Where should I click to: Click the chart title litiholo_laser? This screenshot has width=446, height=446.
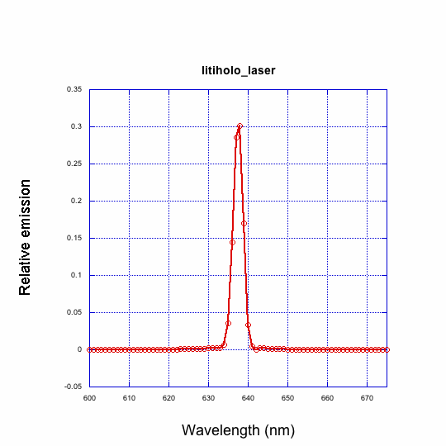[x=238, y=71]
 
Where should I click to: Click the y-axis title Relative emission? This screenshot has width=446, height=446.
[x=25, y=237]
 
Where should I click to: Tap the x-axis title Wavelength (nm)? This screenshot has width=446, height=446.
[x=238, y=430]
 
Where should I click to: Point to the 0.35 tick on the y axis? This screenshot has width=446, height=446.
[x=74, y=89]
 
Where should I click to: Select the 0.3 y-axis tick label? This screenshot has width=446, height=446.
[x=77, y=126]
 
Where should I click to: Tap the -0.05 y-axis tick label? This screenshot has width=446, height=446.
[x=74, y=387]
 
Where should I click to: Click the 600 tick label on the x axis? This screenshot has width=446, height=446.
[x=89, y=398]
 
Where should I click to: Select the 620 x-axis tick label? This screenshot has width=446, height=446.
[x=168, y=398]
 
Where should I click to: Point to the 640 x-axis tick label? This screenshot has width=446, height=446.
[x=248, y=398]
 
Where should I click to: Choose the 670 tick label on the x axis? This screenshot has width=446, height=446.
[x=367, y=398]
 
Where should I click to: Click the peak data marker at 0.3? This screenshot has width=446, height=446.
[x=240, y=126]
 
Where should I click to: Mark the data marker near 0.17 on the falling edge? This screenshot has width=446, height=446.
[x=244, y=223]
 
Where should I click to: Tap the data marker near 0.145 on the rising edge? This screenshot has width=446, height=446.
[x=232, y=242]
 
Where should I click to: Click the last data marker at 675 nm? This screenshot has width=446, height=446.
[x=387, y=349]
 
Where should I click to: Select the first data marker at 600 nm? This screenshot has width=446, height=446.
[x=89, y=349]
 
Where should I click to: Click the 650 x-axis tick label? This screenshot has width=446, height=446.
[x=287, y=398]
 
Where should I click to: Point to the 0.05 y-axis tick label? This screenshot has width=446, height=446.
[x=74, y=312]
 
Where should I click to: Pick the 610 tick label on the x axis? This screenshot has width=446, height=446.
[x=129, y=398]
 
